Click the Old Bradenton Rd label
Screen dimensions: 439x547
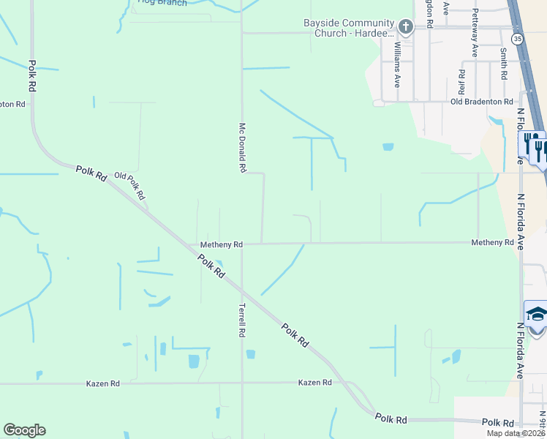point(482,102)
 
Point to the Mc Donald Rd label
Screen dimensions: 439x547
point(241,147)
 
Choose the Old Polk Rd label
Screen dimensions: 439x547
point(131,186)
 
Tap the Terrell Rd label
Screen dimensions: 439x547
point(241,320)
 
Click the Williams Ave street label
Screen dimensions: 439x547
point(398,64)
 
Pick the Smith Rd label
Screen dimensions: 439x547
point(504,64)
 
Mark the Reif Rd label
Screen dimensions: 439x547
point(461,82)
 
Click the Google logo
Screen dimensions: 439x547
point(24,430)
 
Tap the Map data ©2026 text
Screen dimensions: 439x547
point(515,433)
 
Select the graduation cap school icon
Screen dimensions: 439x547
point(536,315)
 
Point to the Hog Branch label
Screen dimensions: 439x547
point(162,3)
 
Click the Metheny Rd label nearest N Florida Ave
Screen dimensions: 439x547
point(492,242)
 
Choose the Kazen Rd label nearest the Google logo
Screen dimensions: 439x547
point(102,383)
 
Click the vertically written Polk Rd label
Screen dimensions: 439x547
point(32,75)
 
